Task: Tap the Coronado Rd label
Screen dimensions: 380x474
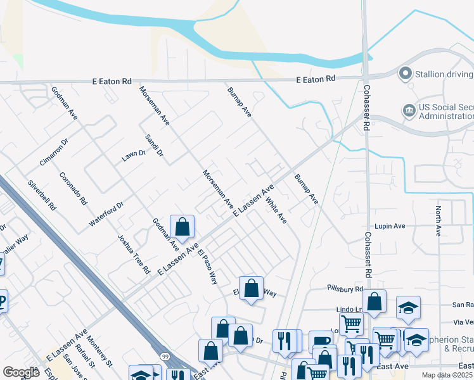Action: [72, 189]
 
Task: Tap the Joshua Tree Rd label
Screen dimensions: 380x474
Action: [133, 253]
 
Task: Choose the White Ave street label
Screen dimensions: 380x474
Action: [276, 211]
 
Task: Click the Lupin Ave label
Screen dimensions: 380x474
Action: [390, 225]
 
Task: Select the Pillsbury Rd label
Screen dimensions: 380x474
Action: [345, 289]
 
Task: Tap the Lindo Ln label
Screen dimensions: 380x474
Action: [349, 309]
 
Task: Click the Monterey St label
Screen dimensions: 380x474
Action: [100, 351]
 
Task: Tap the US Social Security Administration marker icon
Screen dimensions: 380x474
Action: [409, 111]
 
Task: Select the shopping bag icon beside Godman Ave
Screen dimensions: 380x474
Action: [182, 227]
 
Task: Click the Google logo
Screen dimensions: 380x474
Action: [21, 372]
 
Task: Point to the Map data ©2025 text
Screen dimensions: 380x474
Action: [447, 375]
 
